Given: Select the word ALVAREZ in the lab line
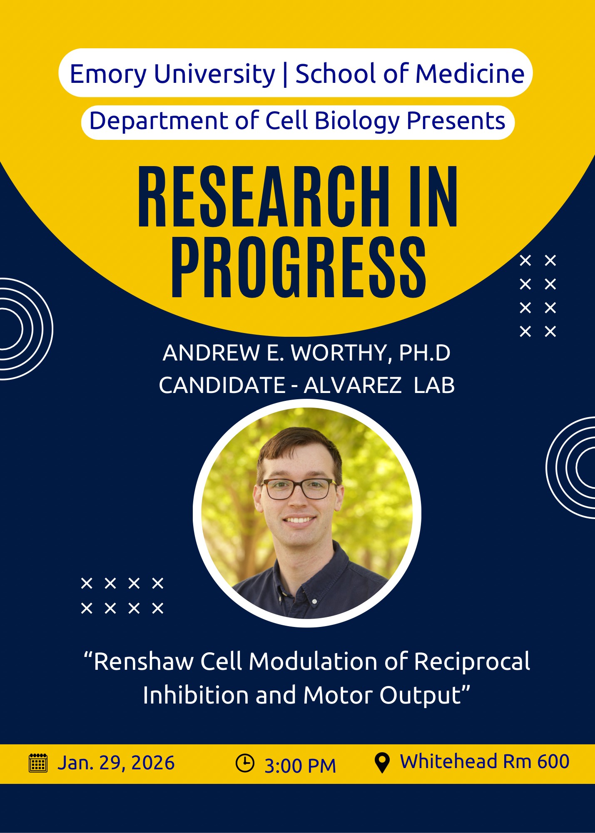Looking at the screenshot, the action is pos(352,385).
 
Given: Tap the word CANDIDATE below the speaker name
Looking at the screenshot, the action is pos(222,385).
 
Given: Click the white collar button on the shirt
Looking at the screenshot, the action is pos(314,602).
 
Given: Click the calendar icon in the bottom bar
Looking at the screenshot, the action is pos(38,763).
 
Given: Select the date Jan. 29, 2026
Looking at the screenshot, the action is pos(116,763).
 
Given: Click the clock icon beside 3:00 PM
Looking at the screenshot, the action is pos(245,763).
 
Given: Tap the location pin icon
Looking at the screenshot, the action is pos(382,763).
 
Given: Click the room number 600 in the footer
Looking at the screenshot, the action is pos(553,761).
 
